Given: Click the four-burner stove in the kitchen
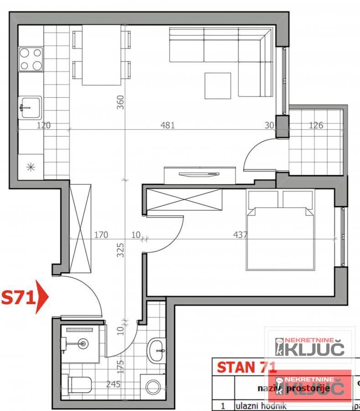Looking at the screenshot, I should click(x=31, y=59).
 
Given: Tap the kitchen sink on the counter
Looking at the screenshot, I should click(x=30, y=107).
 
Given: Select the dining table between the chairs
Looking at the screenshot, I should click(x=102, y=55).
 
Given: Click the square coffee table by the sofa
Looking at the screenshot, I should click(x=218, y=85).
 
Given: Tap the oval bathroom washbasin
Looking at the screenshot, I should click(x=157, y=350).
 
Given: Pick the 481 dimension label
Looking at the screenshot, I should click(x=167, y=125).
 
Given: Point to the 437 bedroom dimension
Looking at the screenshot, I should click(x=240, y=235).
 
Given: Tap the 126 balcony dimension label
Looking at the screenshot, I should click(x=316, y=125).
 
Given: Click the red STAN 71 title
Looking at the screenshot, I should click(x=246, y=367).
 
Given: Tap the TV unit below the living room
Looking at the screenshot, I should click(x=200, y=175).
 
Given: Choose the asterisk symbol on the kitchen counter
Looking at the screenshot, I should click(x=31, y=167).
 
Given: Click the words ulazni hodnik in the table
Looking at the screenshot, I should click(x=261, y=406).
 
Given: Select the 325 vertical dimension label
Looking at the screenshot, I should click(x=120, y=250).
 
